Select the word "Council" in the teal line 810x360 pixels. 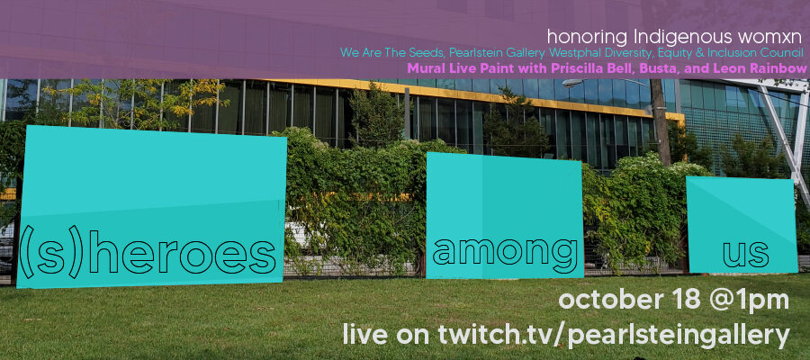pyautogui.click(x=783, y=53)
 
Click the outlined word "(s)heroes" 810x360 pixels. pyautogui.click(x=148, y=256)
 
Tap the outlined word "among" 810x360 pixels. pyautogui.click(x=505, y=253)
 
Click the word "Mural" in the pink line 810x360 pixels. pyautogui.click(x=421, y=68)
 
